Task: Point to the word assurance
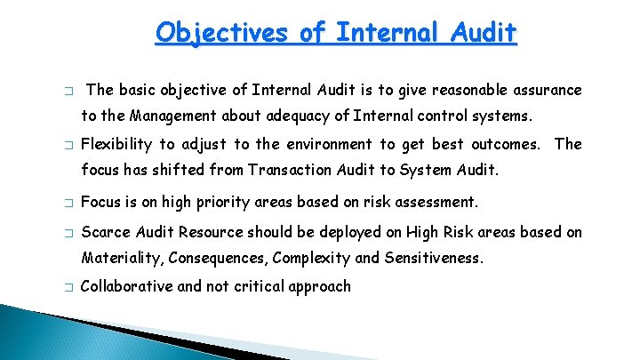(x=545, y=90)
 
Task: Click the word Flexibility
(x=116, y=144)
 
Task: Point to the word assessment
(x=435, y=202)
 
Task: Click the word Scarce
(x=104, y=233)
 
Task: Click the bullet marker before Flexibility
(x=68, y=145)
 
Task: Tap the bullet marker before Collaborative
(x=68, y=287)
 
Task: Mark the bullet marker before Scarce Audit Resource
(x=68, y=234)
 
